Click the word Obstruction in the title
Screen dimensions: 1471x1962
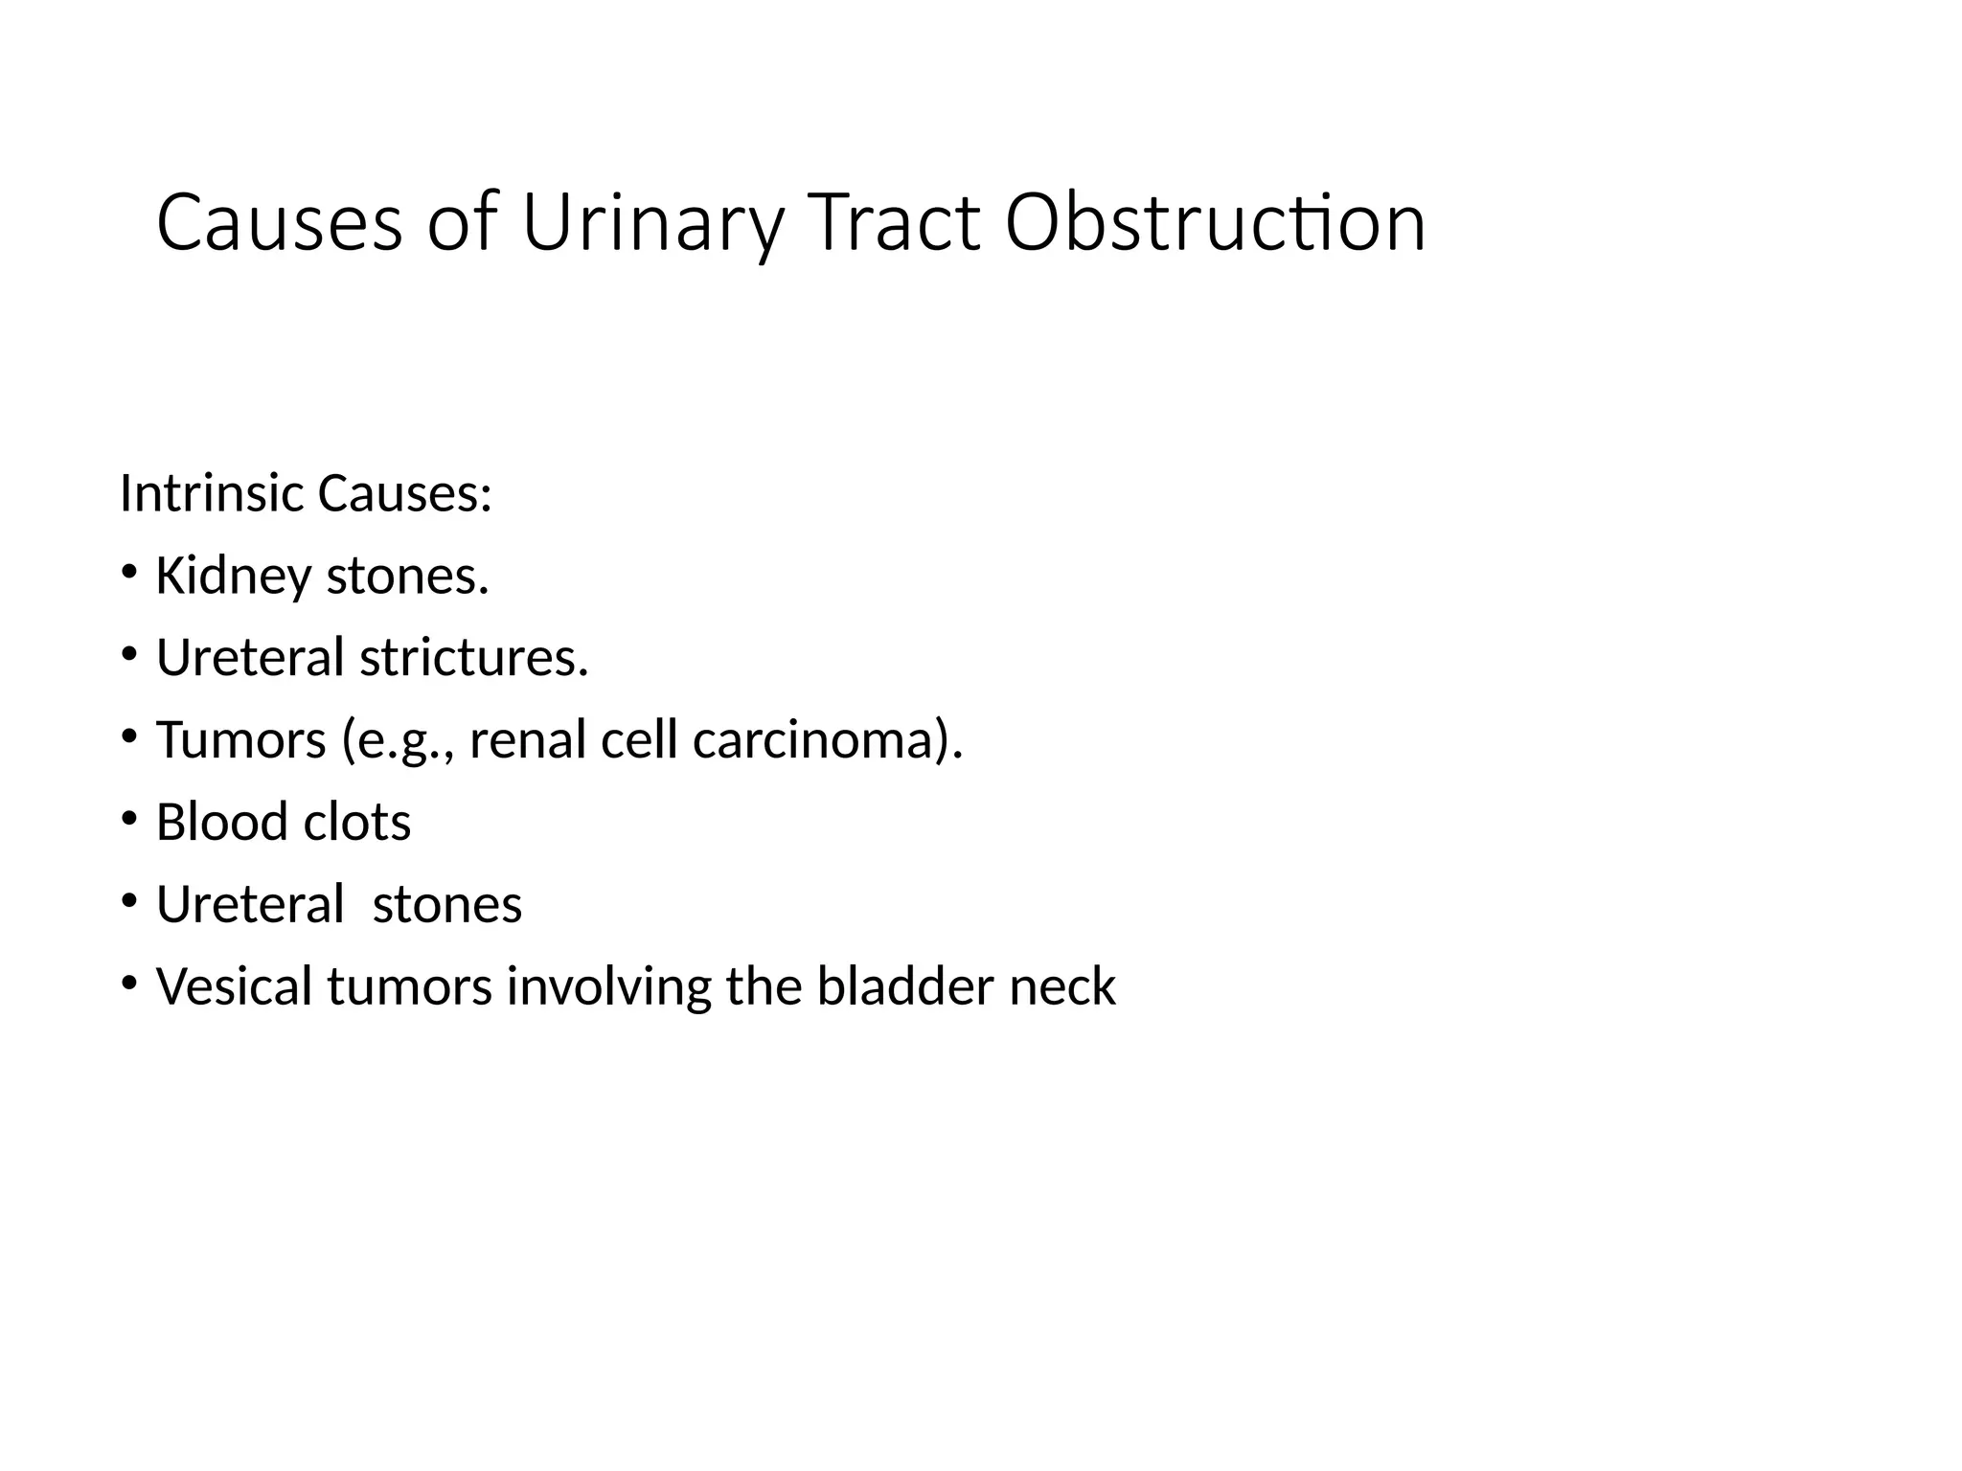[1215, 223]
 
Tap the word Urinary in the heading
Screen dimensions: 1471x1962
[651, 223]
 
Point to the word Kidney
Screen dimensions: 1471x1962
[234, 577]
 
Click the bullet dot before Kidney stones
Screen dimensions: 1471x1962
[129, 573]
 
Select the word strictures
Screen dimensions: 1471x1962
[473, 658]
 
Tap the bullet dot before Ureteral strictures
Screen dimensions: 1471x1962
[129, 655]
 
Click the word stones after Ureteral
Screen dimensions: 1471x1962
[447, 905]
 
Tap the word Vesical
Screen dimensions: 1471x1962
[234, 986]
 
